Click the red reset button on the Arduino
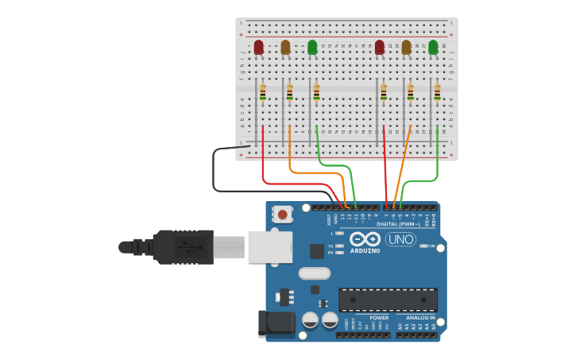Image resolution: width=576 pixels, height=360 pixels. tap(282, 215)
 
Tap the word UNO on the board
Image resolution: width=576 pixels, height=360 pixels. tap(400, 239)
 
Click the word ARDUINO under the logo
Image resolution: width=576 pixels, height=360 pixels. tap(365, 251)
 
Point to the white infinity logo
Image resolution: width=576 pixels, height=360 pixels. tap(365, 239)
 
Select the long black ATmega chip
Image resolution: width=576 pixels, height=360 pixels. tap(388, 300)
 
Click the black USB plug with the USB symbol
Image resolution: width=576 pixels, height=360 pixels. tap(184, 246)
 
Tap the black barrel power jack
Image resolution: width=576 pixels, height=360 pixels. tap(276, 323)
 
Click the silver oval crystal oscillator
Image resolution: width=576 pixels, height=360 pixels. tap(314, 273)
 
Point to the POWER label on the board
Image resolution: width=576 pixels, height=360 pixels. tap(379, 318)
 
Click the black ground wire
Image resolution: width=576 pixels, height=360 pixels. tap(215, 171)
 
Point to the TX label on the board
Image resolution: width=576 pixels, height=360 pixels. tap(331, 246)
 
